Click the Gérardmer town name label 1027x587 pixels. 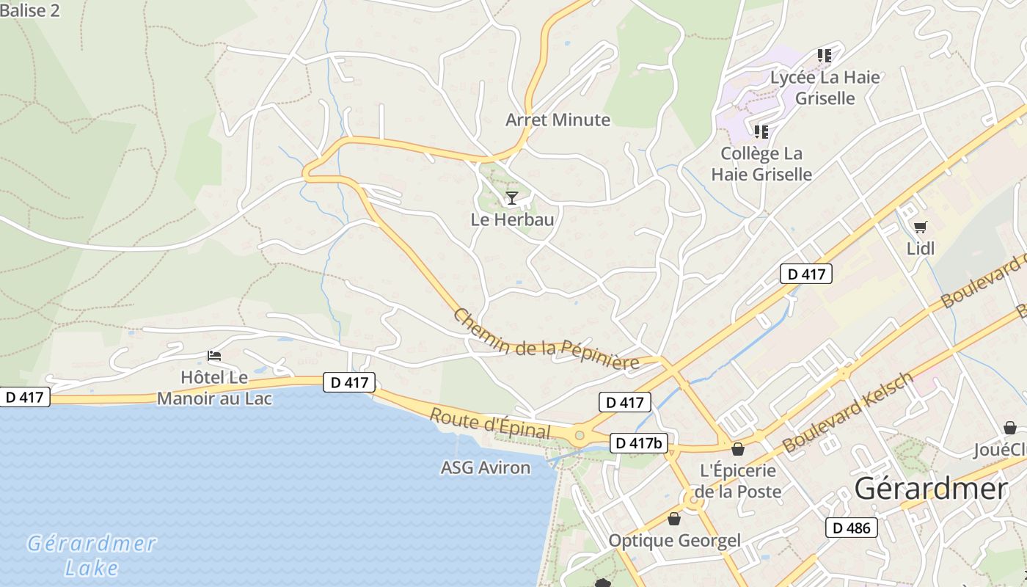coord(931,489)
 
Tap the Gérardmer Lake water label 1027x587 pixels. coord(92,555)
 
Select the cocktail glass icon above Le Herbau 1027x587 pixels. coord(512,197)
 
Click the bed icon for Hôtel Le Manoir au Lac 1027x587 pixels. coord(214,356)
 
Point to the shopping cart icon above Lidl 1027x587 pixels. coord(920,227)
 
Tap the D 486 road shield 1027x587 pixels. coord(852,528)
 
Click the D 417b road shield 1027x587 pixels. coord(638,443)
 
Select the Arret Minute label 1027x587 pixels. coord(558,120)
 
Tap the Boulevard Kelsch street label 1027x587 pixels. coord(847,412)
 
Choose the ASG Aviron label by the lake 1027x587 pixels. coord(485,468)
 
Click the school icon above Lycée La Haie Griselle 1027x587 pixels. coord(825,55)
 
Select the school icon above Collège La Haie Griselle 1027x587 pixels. coord(761,132)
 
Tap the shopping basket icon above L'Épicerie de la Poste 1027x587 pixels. coord(738,449)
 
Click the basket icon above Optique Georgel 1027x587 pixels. coord(674,519)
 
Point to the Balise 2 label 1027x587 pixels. coord(30,10)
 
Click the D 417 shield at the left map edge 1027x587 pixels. coord(25,398)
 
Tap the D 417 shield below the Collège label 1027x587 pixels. coord(805,274)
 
